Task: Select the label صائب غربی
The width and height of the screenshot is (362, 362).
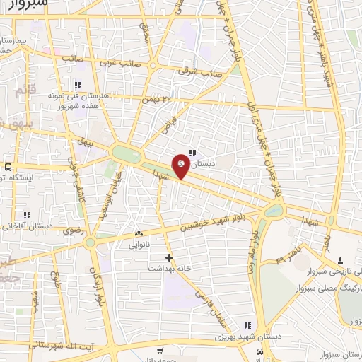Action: pyautogui.click(x=101, y=62)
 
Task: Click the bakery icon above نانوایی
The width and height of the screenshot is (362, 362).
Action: pyautogui.click(x=139, y=233)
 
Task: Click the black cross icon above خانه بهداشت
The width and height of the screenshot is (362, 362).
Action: pyautogui.click(x=168, y=257)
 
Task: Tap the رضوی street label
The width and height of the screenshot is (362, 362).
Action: pyautogui.click(x=73, y=230)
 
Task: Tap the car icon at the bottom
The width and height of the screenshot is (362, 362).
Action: pyautogui.click(x=261, y=351)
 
